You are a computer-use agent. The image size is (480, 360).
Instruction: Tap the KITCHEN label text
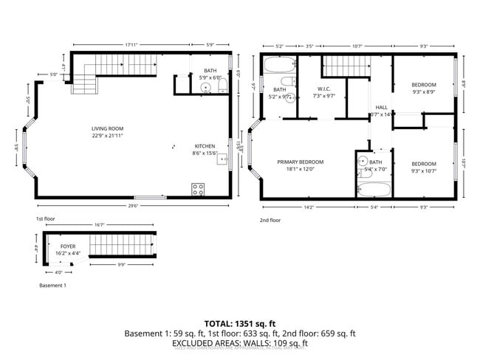tap(205, 146)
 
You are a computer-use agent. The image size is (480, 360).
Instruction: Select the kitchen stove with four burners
tap(198, 188)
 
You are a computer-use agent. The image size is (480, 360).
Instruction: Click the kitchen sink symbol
tap(221, 159)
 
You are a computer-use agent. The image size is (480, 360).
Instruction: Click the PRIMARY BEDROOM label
tap(301, 162)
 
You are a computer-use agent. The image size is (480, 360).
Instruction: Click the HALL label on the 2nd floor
tap(381, 108)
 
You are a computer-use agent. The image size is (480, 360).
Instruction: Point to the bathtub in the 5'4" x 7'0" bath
tap(373, 189)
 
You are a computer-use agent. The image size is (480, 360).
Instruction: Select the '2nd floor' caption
tap(270, 220)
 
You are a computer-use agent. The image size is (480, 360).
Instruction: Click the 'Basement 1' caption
tap(53, 285)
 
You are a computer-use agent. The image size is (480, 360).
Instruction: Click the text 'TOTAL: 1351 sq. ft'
tap(240, 323)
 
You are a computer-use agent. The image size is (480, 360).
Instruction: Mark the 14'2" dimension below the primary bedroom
tap(308, 207)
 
